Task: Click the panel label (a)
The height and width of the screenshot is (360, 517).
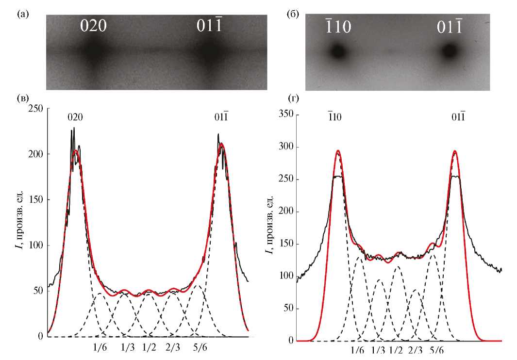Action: pyautogui.click(x=21, y=14)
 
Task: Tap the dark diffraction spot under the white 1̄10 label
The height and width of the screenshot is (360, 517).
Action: pyautogui.click(x=337, y=50)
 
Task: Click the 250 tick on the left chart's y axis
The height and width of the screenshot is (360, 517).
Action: pyautogui.click(x=35, y=108)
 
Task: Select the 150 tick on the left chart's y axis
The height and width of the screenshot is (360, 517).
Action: pyautogui.click(x=35, y=200)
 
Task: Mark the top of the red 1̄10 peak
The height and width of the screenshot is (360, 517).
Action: pyautogui.click(x=338, y=150)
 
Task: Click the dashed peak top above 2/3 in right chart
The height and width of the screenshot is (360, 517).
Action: pyautogui.click(x=416, y=290)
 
